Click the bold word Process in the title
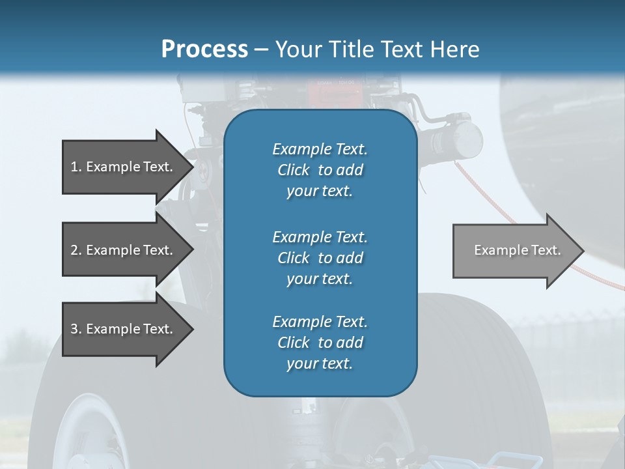204,50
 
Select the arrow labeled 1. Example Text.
124,167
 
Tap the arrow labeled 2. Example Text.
124,250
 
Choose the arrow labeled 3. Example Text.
124,329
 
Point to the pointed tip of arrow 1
192,167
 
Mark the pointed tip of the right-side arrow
583,250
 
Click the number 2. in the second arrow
76,250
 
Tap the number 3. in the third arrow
76,329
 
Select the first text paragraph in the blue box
320,170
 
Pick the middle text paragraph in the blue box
320,257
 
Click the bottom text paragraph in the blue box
320,342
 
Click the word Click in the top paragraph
294,170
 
